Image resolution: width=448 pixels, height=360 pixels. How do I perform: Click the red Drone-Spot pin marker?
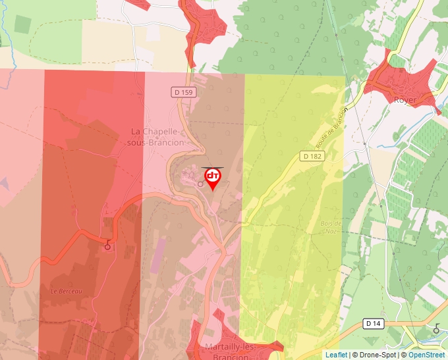click(x=212, y=178)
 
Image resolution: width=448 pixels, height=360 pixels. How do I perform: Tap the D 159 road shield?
click(x=185, y=93)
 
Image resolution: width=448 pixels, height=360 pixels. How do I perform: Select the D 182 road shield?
click(x=313, y=156)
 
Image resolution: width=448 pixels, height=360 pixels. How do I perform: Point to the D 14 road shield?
click(x=373, y=323)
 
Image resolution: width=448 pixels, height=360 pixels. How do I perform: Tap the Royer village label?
click(x=405, y=100)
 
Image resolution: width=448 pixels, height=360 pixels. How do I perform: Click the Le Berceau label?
click(x=66, y=291)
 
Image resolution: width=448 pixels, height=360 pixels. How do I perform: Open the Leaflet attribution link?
click(x=336, y=355)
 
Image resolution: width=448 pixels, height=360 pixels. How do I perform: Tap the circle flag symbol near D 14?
click(x=436, y=328)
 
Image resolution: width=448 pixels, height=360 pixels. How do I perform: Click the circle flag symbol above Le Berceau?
click(x=107, y=247)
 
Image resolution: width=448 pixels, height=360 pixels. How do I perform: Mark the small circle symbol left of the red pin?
click(x=200, y=184)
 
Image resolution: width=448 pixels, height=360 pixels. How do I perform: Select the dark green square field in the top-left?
click(x=22, y=24)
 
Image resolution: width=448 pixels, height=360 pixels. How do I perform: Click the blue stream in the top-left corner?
click(x=3, y=26)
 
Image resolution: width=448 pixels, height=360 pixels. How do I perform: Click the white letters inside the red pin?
click(x=212, y=176)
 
